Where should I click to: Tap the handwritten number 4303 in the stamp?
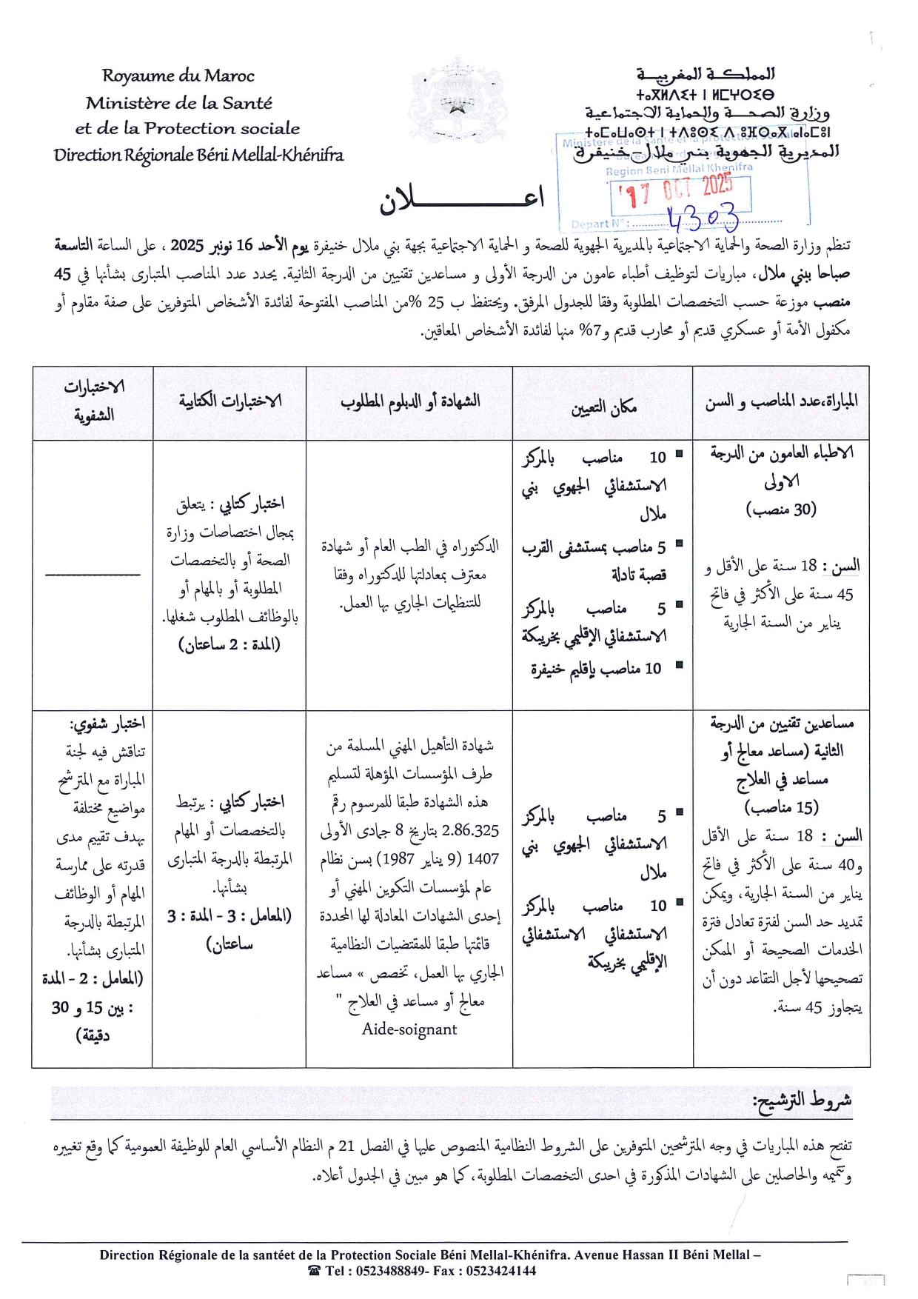tap(703, 218)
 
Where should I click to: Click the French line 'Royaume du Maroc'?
tap(178, 76)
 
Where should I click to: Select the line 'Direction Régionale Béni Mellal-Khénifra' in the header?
tap(198, 155)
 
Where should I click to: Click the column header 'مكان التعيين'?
tap(603, 406)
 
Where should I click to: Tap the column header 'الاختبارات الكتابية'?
tap(230, 401)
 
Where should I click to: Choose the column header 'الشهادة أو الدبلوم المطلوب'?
tap(410, 401)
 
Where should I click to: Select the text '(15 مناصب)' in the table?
tap(782, 807)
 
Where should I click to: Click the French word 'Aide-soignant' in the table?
tap(409, 1029)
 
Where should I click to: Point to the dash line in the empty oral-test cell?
tap(93, 574)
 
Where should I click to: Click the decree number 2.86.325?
tap(470, 831)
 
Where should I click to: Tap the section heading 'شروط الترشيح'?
tap(802, 1101)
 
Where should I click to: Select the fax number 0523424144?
tap(500, 1271)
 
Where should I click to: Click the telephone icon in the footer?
tap(314, 1271)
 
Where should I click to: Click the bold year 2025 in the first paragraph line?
tap(187, 245)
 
